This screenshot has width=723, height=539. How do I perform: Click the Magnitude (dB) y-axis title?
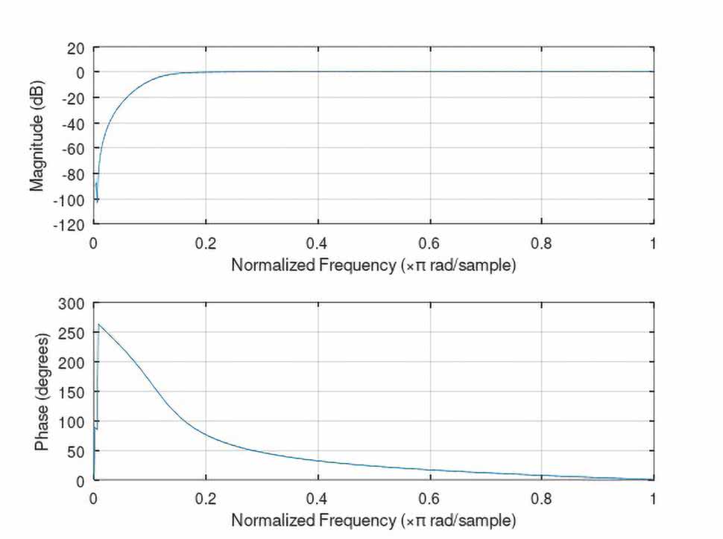tap(37, 135)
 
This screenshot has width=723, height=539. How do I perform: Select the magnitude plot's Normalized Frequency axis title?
tap(373, 265)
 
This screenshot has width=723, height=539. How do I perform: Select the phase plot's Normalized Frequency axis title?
tap(373, 518)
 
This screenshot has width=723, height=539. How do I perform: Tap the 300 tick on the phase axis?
tap(74, 303)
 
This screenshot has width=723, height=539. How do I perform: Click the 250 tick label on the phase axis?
tap(74, 332)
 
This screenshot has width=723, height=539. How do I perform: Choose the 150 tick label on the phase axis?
tap(74, 392)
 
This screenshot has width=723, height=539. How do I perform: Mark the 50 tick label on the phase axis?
tap(77, 451)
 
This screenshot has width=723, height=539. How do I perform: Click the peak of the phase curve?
tap(99, 324)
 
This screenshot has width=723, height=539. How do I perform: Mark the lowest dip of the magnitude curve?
tap(97, 200)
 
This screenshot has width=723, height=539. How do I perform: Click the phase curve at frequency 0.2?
tap(206, 433)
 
